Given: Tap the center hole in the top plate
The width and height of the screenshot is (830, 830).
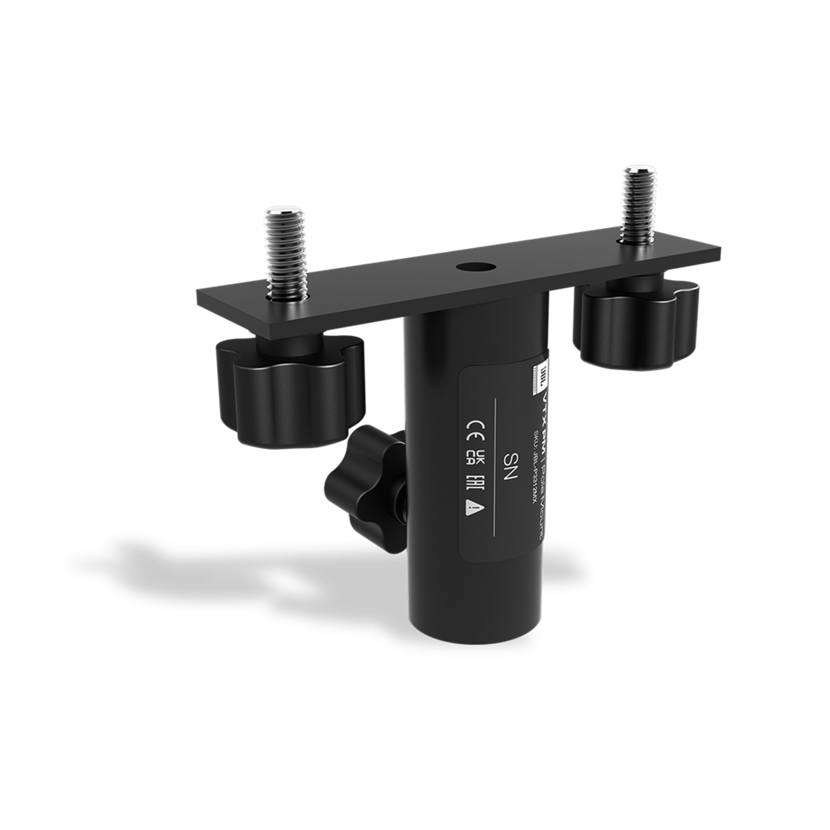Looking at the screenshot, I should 466,267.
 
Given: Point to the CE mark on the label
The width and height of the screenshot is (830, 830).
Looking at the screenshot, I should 475,429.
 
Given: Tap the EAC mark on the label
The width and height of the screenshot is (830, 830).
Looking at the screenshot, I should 475,484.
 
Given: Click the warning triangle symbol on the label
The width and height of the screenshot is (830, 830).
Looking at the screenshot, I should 475,510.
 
